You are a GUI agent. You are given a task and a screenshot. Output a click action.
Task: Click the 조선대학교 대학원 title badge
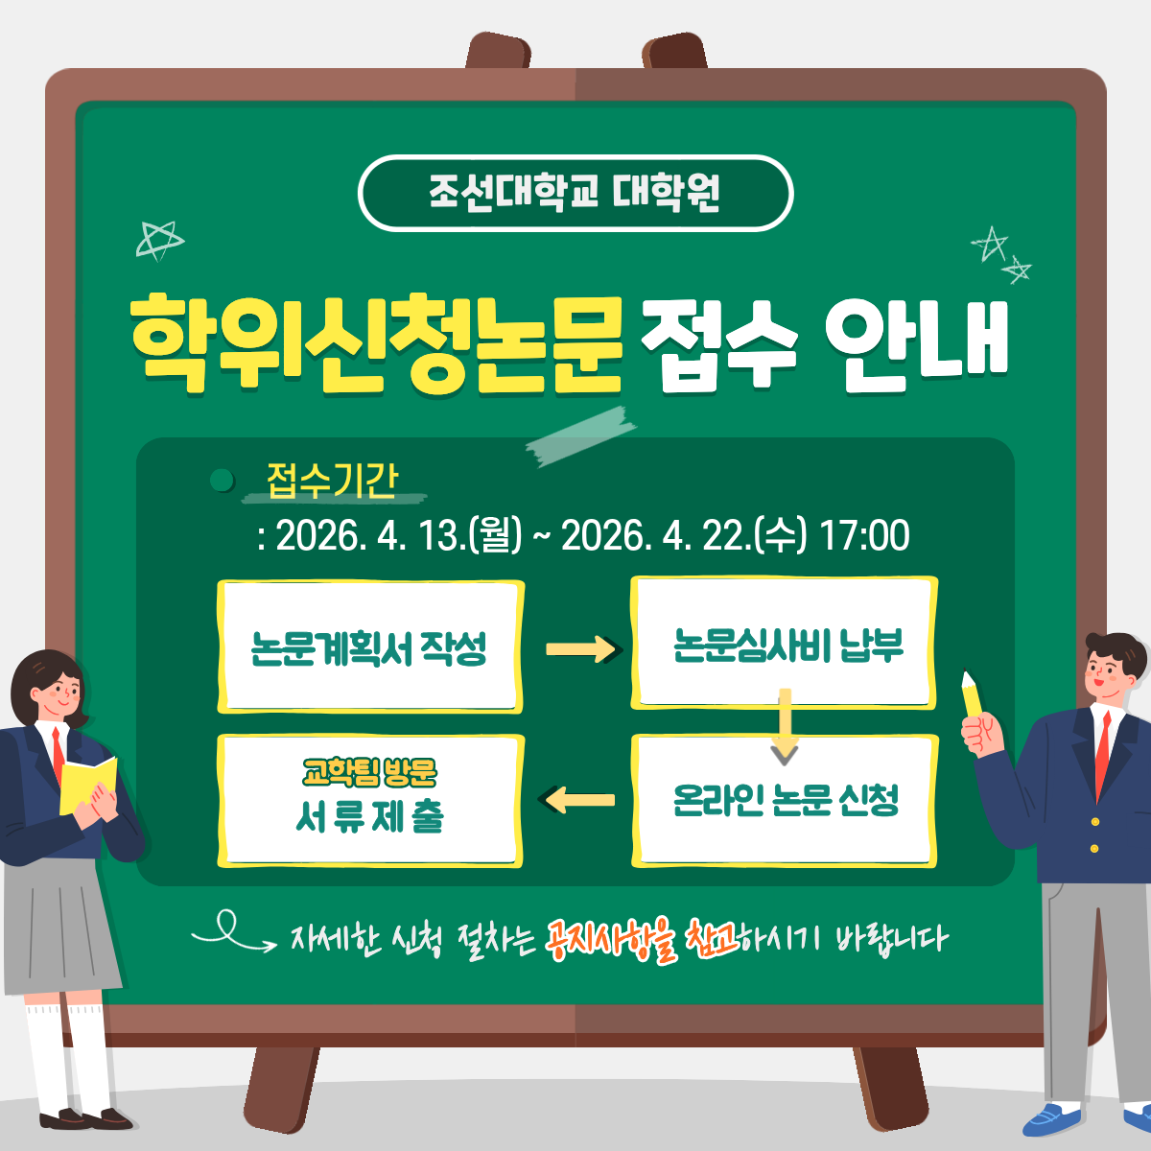tap(575, 193)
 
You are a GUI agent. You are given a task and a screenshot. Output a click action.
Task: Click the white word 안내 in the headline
tap(916, 344)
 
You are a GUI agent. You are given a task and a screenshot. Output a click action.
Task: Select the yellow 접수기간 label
tap(332, 481)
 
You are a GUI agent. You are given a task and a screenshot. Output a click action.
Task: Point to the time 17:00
tap(865, 535)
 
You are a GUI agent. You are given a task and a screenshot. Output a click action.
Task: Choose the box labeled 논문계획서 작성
tap(370, 646)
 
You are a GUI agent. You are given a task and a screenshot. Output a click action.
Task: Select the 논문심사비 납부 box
tap(785, 644)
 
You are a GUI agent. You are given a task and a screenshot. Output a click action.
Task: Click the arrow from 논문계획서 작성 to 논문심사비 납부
tap(583, 649)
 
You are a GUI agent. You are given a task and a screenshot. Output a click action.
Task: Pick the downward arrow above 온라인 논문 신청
tap(785, 727)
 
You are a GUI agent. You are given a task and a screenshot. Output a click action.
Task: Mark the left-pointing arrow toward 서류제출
tap(576, 800)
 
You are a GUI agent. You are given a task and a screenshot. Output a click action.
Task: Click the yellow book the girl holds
tap(87, 785)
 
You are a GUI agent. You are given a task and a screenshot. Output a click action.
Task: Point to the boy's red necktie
tap(1103, 754)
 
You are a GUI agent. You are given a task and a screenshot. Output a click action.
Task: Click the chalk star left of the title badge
tap(159, 241)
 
